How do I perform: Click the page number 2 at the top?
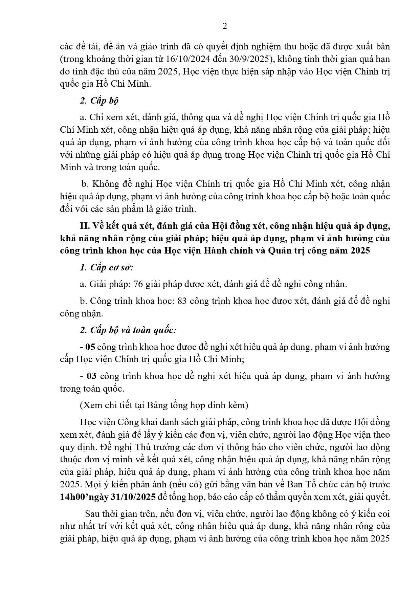coord(225,26)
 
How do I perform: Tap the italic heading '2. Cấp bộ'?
coord(99,101)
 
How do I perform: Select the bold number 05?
coord(91,347)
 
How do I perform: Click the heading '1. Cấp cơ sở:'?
coord(107,267)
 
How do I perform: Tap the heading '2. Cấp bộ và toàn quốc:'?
coord(128,330)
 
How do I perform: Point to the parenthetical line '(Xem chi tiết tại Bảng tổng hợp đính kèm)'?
coord(164,405)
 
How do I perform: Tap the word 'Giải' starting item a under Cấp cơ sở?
coord(97,284)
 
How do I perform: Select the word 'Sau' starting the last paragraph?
coord(92,514)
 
